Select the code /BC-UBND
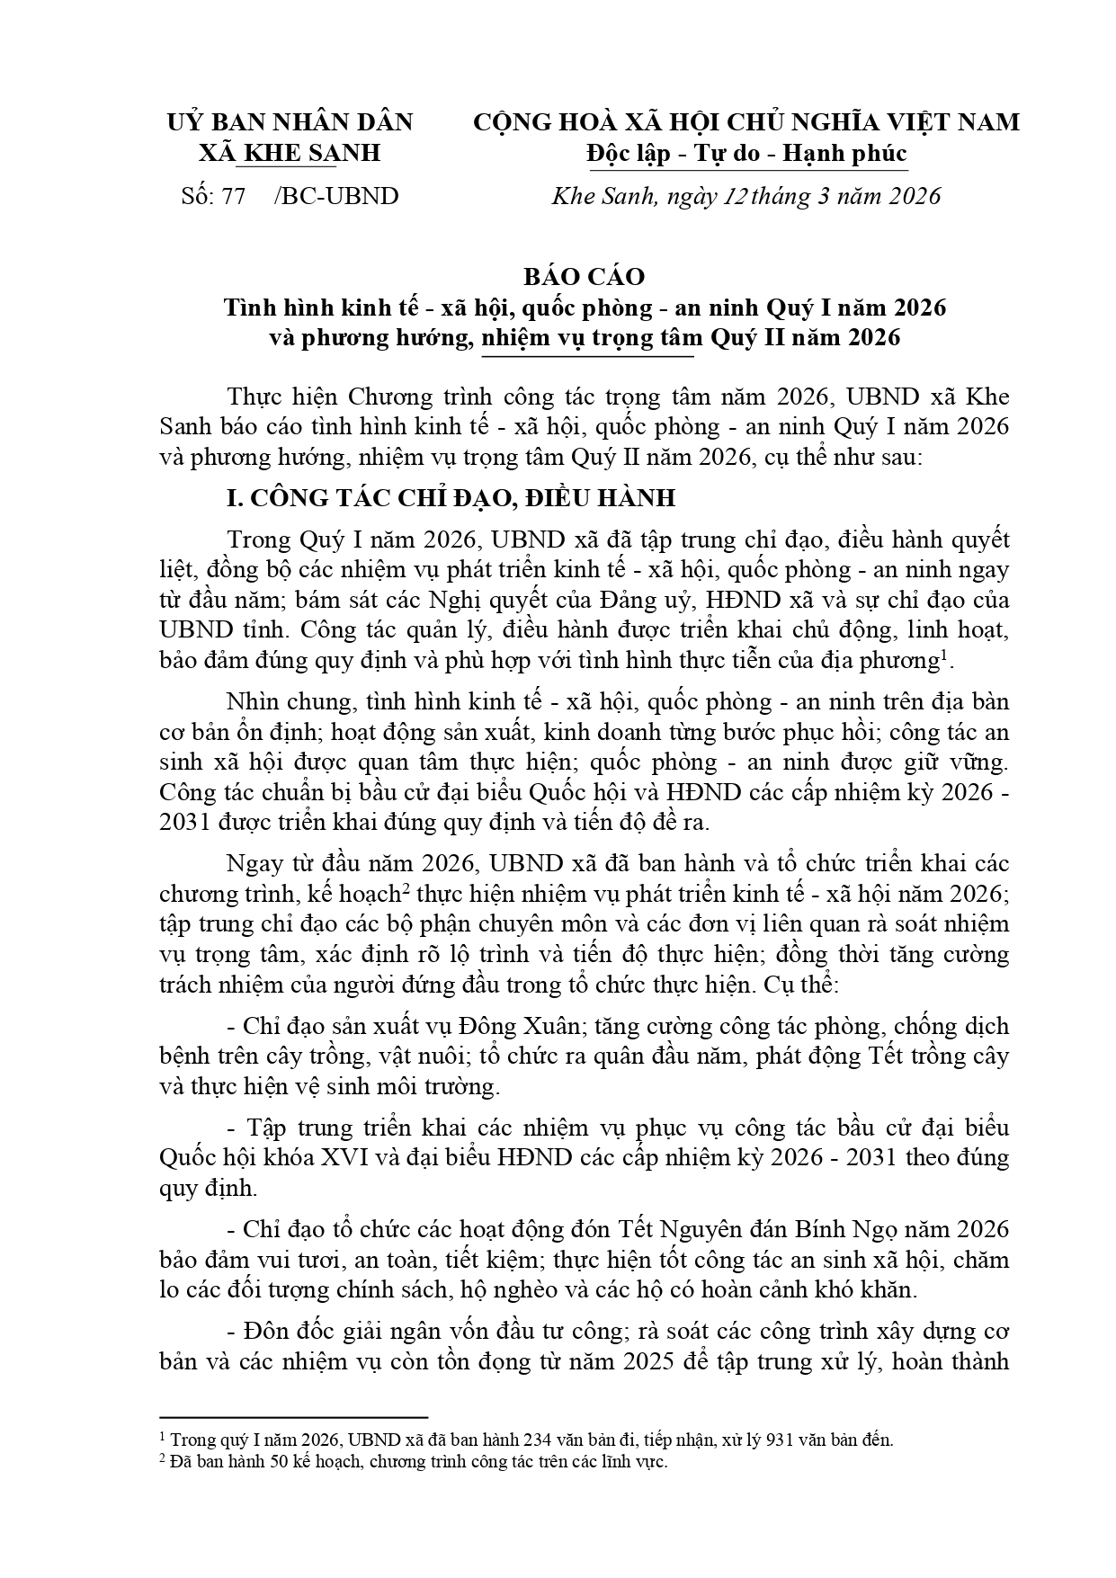pyautogui.click(x=336, y=196)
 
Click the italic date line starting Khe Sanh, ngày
pyautogui.click(x=745, y=196)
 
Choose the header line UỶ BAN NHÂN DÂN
pyautogui.click(x=290, y=121)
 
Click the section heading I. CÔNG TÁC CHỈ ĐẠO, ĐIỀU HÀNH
pyautogui.click(x=451, y=498)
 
